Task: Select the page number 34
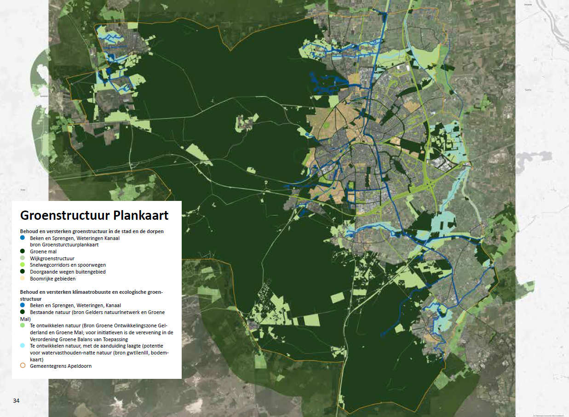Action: [16, 401]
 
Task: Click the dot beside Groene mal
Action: [23, 251]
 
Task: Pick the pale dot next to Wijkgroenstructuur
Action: [23, 258]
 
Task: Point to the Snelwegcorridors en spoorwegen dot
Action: [23, 265]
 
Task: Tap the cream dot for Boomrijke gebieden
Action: [23, 279]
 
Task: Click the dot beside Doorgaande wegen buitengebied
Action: [23, 272]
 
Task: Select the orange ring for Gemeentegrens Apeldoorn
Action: [23, 366]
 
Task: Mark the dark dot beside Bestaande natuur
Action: [23, 312]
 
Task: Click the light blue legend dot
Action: [23, 345]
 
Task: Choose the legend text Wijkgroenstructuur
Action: [52, 258]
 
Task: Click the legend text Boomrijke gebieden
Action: [53, 279]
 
